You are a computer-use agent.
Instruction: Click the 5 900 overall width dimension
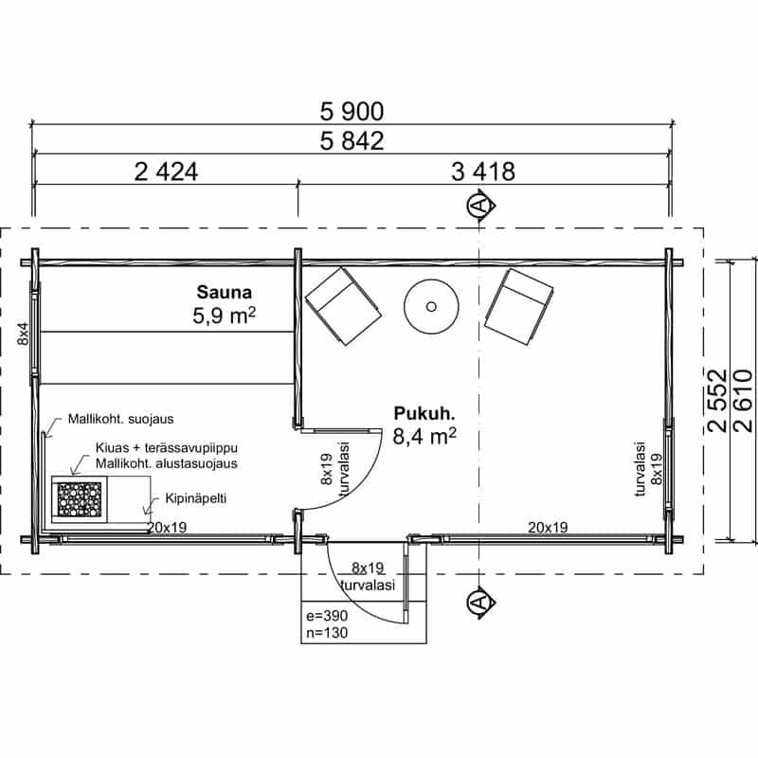pyautogui.click(x=352, y=112)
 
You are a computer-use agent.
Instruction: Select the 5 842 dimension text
pyautogui.click(x=352, y=141)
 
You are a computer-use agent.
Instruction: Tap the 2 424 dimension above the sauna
pyautogui.click(x=166, y=172)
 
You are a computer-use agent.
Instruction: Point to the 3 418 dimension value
pyautogui.click(x=483, y=172)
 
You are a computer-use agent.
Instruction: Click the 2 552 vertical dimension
pyautogui.click(x=717, y=401)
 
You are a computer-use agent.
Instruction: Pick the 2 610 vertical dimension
pyautogui.click(x=743, y=401)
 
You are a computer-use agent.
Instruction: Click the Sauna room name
pyautogui.click(x=225, y=293)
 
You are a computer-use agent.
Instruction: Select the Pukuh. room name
pyautogui.click(x=424, y=414)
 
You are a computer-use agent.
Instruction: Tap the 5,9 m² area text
pyautogui.click(x=224, y=316)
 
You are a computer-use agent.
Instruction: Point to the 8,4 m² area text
pyautogui.click(x=424, y=437)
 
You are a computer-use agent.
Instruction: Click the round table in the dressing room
pyautogui.click(x=431, y=306)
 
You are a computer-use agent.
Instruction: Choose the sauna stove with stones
pyautogui.click(x=80, y=499)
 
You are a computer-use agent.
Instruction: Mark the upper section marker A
pyautogui.click(x=480, y=206)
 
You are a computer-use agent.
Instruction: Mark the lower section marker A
pyautogui.click(x=480, y=603)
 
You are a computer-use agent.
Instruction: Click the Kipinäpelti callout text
pyautogui.click(x=196, y=498)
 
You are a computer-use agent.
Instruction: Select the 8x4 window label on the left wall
pyautogui.click(x=23, y=334)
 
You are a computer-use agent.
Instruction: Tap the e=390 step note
pyautogui.click(x=327, y=616)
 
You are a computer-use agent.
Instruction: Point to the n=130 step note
pyautogui.click(x=327, y=633)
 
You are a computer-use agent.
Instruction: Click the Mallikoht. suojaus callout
pyautogui.click(x=121, y=419)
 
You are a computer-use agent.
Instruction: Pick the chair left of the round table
pyautogui.click(x=343, y=306)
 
